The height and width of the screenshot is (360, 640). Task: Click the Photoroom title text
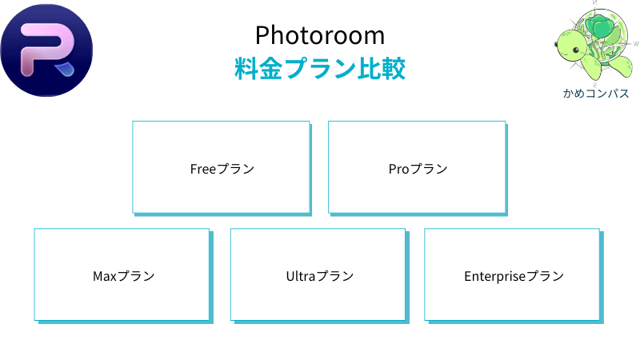tap(320, 35)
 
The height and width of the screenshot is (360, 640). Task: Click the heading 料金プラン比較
tap(320, 68)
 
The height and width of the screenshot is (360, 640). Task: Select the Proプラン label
tap(418, 169)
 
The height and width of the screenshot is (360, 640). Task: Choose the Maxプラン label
tap(123, 276)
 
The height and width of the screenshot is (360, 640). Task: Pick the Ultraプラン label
tap(319, 276)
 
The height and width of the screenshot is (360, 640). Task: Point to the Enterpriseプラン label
tap(514, 276)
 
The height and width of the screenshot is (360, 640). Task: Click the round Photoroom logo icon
tap(46, 50)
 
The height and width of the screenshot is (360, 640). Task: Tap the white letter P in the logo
tap(40, 48)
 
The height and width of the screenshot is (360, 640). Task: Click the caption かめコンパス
tap(595, 94)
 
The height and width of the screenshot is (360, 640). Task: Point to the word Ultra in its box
tap(301, 276)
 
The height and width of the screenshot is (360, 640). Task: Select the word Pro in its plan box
tap(398, 169)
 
